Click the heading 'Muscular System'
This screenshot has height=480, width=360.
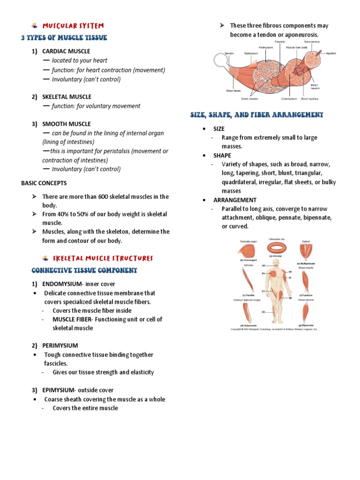73,25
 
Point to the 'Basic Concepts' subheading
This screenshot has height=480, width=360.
44,183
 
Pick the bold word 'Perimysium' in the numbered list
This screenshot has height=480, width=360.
60,345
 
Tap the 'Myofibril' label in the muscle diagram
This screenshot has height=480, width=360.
330,53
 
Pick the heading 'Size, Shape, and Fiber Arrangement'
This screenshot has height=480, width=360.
256,114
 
